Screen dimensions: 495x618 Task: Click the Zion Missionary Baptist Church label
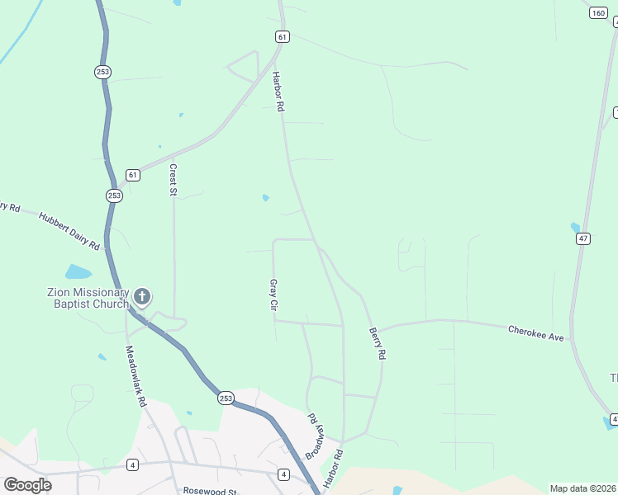point(87,298)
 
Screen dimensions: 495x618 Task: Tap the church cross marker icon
point(142,297)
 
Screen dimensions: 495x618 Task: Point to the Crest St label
point(174,179)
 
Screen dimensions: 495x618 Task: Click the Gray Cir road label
point(273,294)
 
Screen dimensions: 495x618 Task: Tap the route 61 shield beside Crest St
point(132,175)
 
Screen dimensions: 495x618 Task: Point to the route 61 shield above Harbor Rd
point(283,37)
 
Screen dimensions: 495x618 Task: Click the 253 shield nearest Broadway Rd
point(226,398)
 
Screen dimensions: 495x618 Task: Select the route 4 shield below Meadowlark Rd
point(132,465)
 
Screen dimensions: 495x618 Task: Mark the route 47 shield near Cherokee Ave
point(583,238)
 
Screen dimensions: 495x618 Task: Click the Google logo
point(27,484)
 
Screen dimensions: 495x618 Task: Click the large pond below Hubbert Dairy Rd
point(78,272)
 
